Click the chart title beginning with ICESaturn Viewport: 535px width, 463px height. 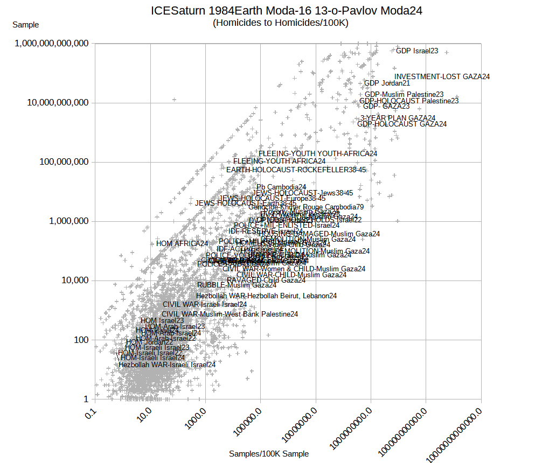tap(286, 10)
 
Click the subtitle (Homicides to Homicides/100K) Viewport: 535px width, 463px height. tap(281, 23)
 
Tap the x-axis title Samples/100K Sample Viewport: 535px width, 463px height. tap(269, 454)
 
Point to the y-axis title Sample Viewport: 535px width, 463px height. tap(25, 25)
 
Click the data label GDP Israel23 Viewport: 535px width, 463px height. tap(417, 51)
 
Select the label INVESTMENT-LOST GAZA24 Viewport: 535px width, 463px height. tap(442, 77)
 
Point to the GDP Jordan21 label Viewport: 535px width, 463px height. tap(387, 83)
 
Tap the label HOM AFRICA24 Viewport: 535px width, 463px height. tap(182, 243)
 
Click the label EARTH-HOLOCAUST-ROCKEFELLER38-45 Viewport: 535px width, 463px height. tap(296, 170)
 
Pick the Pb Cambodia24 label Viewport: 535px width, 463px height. tap(281, 187)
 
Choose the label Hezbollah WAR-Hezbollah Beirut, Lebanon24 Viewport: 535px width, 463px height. tap(266, 296)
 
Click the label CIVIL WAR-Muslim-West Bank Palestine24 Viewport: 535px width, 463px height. tap(230, 314)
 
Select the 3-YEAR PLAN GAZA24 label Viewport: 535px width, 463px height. tap(398, 118)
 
